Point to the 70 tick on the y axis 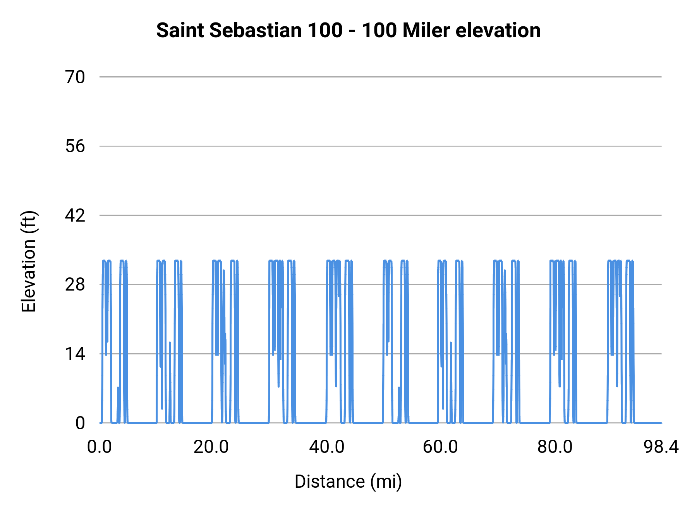click(x=75, y=77)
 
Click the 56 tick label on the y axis click(x=75, y=146)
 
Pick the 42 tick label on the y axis click(x=75, y=215)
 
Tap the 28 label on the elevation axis click(x=75, y=285)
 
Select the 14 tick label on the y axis click(x=75, y=354)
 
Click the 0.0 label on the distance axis click(x=100, y=447)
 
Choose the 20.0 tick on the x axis click(x=211, y=447)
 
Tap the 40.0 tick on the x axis click(x=326, y=447)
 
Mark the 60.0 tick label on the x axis click(x=440, y=447)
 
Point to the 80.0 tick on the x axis click(x=555, y=447)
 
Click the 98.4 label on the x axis click(x=661, y=447)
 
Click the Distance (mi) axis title click(x=348, y=482)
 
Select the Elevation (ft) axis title click(x=28, y=261)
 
